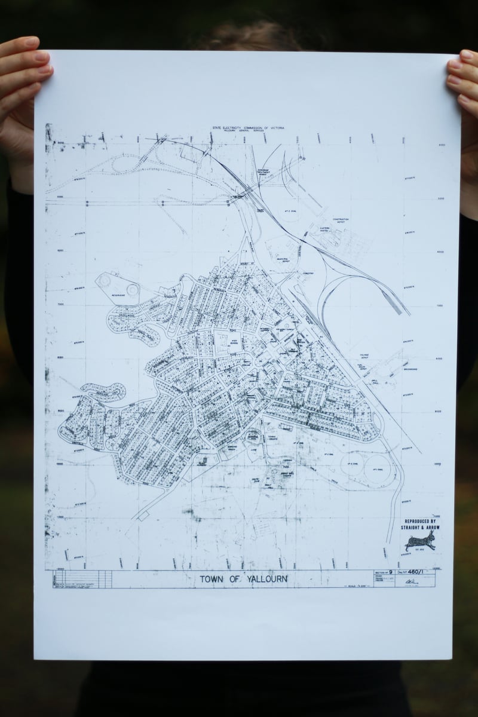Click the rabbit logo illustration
click(420, 541)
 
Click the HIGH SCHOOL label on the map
click(234, 341)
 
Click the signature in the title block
click(410, 581)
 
